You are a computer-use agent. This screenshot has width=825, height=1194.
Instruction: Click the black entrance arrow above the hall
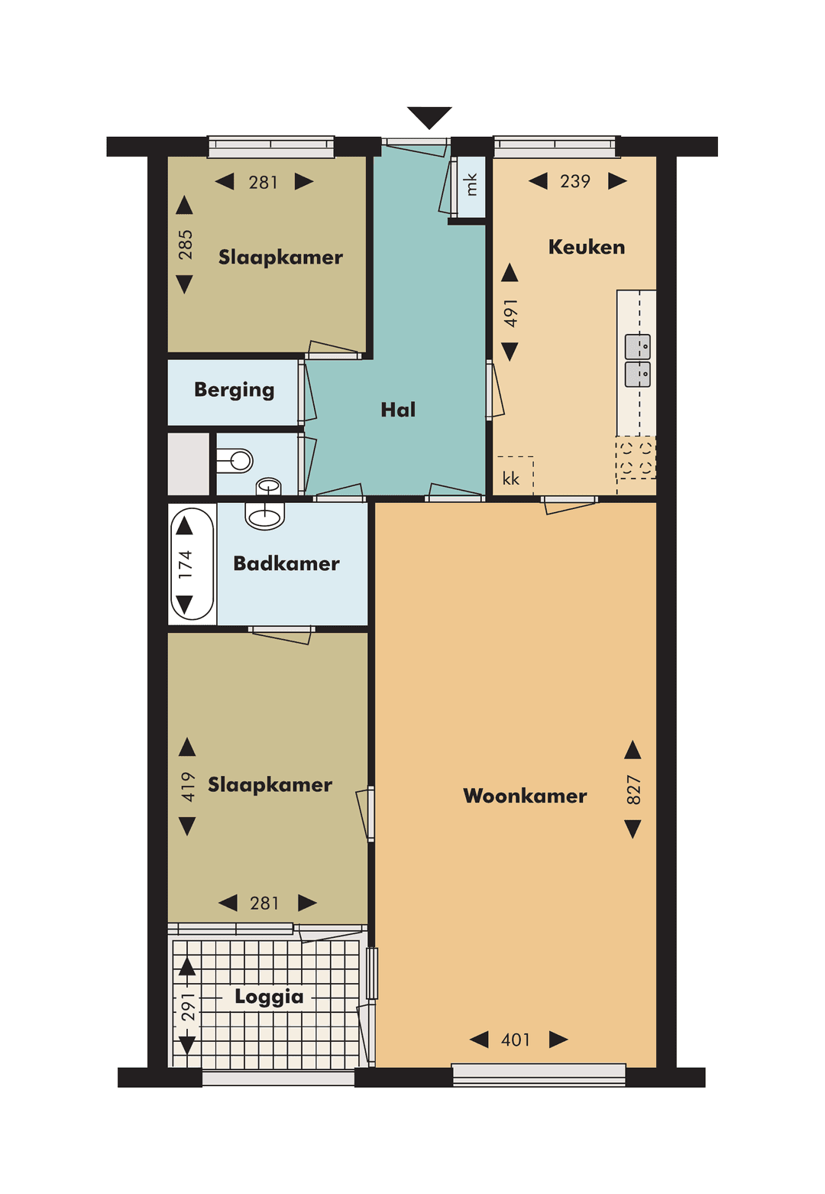(429, 117)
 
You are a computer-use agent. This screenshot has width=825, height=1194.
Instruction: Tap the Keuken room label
(586, 247)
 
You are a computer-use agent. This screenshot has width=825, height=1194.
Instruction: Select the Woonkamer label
(525, 796)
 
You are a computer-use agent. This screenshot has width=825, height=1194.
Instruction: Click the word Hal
(398, 410)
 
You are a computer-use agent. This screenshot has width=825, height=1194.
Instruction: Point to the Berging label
(234, 390)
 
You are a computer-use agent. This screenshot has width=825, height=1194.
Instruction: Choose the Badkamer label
(286, 563)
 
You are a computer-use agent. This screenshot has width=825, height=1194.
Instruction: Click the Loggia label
(269, 996)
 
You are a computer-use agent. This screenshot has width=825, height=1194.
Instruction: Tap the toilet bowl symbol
(237, 460)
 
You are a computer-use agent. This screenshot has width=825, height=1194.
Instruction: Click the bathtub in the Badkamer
(192, 563)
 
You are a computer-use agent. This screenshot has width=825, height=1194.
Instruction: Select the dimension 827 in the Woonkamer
(633, 790)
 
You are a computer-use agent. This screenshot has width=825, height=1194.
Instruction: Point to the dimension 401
(516, 1040)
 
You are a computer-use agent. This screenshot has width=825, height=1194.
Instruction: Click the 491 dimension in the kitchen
(510, 313)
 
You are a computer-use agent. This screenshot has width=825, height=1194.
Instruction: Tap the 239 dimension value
(575, 181)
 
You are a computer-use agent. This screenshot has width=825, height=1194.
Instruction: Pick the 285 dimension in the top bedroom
(185, 245)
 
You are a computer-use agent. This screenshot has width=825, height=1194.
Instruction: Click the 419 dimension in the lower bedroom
(187, 787)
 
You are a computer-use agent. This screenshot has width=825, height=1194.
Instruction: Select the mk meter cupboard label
(471, 184)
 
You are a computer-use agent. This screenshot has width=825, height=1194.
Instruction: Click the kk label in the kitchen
(510, 479)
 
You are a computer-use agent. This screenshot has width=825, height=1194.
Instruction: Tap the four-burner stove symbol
(635, 457)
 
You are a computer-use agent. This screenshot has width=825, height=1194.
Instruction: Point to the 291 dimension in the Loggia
(187, 1007)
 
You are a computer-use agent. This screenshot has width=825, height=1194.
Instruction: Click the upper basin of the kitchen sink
(637, 347)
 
